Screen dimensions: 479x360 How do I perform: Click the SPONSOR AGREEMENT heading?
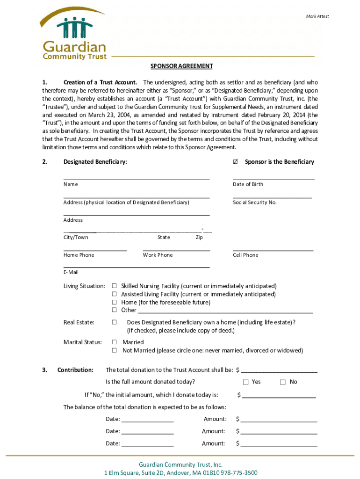[181, 66]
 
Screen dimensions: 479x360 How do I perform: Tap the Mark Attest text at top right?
[317, 16]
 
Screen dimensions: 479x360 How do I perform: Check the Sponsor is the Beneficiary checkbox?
[235, 162]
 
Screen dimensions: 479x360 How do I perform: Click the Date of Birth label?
[248, 184]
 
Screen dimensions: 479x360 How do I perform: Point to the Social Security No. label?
[255, 203]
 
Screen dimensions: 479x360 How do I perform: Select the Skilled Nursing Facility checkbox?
[114, 286]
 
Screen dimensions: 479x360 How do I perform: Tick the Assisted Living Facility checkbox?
[114, 294]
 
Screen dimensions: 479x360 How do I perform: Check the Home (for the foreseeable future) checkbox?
[114, 302]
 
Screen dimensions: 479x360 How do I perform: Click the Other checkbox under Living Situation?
[114, 310]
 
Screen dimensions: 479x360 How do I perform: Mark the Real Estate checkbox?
[114, 322]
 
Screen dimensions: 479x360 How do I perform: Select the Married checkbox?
[114, 342]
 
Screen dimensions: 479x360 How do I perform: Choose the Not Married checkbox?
[114, 350]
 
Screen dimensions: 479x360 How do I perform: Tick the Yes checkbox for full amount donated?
[245, 382]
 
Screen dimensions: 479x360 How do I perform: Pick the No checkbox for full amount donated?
[282, 382]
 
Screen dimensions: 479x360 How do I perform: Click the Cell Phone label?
[245, 255]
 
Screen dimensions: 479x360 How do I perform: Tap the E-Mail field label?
[71, 272]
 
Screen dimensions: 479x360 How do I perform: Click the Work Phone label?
[158, 255]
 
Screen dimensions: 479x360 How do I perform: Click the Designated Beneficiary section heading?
[95, 162]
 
